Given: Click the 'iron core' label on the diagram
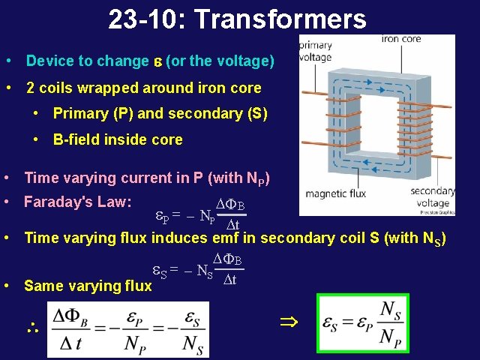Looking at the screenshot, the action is [x=401, y=40].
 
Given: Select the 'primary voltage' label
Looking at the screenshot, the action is [x=315, y=50].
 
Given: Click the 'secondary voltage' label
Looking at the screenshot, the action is [x=433, y=197].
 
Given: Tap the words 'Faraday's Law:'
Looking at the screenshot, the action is [x=78, y=202].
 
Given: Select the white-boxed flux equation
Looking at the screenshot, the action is [x=127, y=331].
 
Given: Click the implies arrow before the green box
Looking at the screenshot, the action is [x=289, y=323].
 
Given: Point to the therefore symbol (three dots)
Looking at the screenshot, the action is [x=31, y=328].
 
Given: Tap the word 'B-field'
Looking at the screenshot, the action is [x=75, y=139].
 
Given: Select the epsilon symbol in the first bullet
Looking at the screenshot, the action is [x=157, y=61].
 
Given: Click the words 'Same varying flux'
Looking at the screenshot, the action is [x=88, y=286].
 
